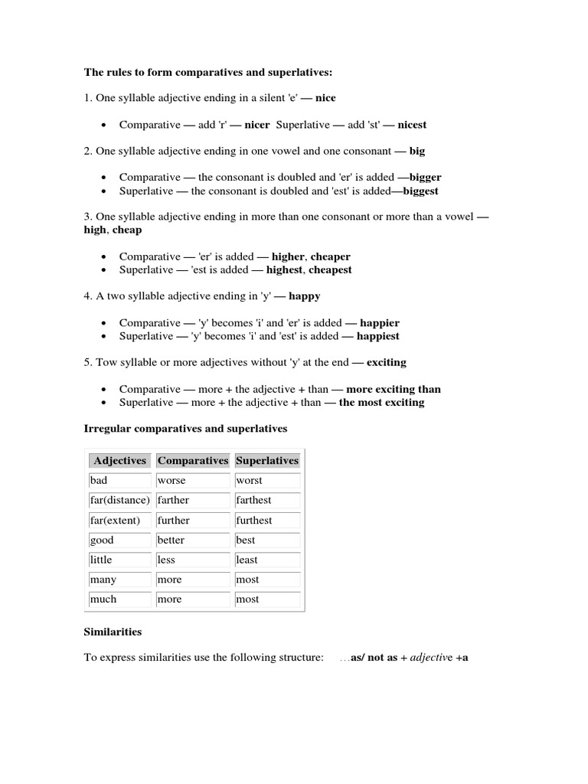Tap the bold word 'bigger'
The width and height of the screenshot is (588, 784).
[x=422, y=178]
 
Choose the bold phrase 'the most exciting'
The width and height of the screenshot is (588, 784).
[x=381, y=402]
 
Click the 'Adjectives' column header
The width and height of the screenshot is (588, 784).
[x=119, y=461]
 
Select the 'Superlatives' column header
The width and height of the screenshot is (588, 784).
[x=267, y=461]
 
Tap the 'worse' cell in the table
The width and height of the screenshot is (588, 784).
[x=171, y=481]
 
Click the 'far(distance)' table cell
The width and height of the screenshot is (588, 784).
[x=119, y=500]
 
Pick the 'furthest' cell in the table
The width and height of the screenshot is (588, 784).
[x=254, y=521]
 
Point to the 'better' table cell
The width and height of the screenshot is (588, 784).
[x=171, y=540]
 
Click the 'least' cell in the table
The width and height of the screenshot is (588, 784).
[x=247, y=560]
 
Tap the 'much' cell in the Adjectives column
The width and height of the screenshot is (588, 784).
[x=103, y=599]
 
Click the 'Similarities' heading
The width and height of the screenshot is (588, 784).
[x=113, y=632]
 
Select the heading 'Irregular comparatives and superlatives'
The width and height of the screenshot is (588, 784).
[x=185, y=429]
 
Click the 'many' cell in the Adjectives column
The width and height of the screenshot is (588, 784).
[x=103, y=580]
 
